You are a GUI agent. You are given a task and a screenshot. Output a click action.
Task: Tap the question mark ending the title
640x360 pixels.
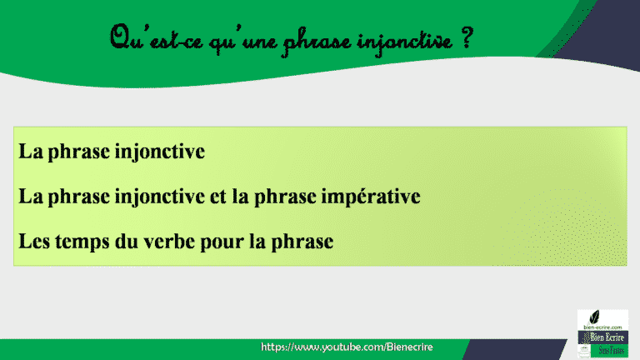[x=465, y=37]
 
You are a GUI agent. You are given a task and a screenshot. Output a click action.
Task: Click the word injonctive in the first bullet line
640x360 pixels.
[x=161, y=153]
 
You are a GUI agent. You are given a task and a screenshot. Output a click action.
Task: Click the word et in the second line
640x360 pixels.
[x=218, y=198]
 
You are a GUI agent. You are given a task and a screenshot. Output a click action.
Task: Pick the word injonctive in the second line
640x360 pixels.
[x=161, y=198]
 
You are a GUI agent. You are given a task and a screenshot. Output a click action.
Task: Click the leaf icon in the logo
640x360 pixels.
[x=597, y=318]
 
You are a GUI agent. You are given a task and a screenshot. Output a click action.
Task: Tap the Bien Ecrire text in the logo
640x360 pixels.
[x=597, y=337]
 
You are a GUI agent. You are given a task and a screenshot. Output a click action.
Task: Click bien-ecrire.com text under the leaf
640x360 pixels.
[x=597, y=328]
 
